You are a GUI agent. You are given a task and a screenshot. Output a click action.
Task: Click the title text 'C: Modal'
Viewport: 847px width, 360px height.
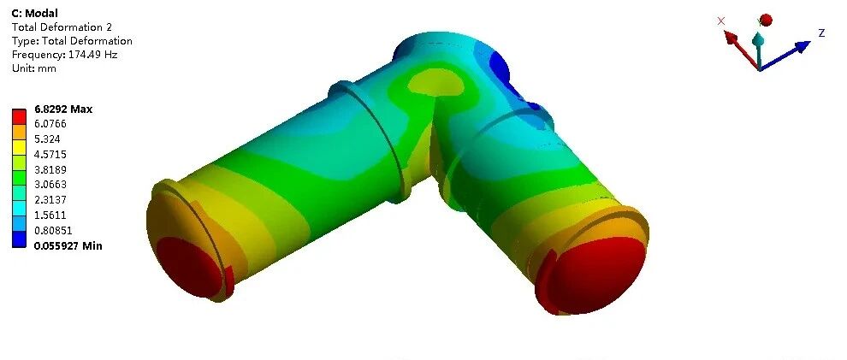[x=34, y=13]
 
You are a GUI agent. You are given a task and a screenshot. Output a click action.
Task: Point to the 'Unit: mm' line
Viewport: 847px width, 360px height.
[x=34, y=68]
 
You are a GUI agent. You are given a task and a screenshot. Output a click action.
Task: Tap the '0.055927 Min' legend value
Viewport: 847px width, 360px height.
[x=68, y=246]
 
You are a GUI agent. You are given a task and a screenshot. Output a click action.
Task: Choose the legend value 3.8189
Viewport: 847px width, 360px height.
[x=50, y=169]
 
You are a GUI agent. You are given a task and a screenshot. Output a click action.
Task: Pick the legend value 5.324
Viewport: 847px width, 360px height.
[x=47, y=139]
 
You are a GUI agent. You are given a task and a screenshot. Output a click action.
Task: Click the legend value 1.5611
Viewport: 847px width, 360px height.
[x=50, y=215]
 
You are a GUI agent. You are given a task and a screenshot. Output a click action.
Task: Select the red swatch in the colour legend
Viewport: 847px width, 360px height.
[x=19, y=116]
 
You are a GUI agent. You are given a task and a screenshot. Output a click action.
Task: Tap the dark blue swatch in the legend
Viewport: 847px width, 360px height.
[x=19, y=240]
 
